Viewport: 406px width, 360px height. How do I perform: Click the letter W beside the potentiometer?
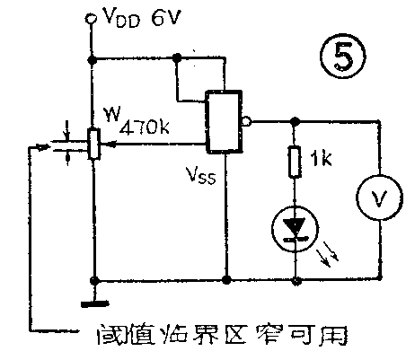coord(110,114)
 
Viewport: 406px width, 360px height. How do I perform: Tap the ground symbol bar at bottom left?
coord(92,307)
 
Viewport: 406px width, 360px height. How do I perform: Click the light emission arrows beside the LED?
coord(331,257)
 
